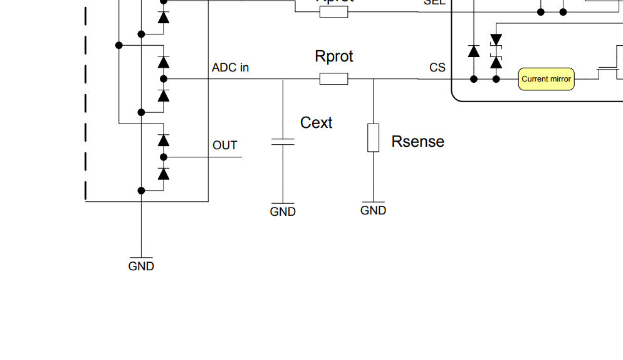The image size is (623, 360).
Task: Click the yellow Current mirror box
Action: pyautogui.click(x=546, y=79)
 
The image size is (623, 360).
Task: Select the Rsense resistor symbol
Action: pyautogui.click(x=373, y=138)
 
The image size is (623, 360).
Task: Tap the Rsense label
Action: pyautogui.click(x=417, y=142)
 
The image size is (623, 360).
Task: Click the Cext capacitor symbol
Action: pyautogui.click(x=283, y=142)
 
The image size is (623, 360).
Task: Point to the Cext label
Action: pyautogui.click(x=316, y=123)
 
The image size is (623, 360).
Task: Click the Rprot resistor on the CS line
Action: pyautogui.click(x=333, y=79)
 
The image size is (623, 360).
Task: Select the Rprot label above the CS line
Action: pyautogui.click(x=333, y=56)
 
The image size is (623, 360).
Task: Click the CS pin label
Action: pyautogui.click(x=437, y=67)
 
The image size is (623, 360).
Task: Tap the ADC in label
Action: pyautogui.click(x=230, y=68)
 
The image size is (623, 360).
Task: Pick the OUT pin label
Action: pyautogui.click(x=225, y=146)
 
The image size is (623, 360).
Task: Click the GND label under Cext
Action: pyautogui.click(x=283, y=212)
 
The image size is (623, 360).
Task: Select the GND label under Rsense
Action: pyautogui.click(x=373, y=211)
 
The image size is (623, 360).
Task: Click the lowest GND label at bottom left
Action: pyautogui.click(x=141, y=266)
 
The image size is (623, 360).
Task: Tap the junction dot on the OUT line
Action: pyautogui.click(x=164, y=157)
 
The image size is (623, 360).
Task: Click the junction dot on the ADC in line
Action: pyautogui.click(x=164, y=79)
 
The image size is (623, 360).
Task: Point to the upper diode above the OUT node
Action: pyautogui.click(x=164, y=140)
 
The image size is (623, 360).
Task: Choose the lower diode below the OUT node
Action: pyautogui.click(x=164, y=174)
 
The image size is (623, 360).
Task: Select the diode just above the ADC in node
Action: pyautogui.click(x=164, y=62)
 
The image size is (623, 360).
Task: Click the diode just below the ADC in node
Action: pyautogui.click(x=164, y=95)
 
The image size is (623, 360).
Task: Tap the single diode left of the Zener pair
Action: pyautogui.click(x=474, y=51)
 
